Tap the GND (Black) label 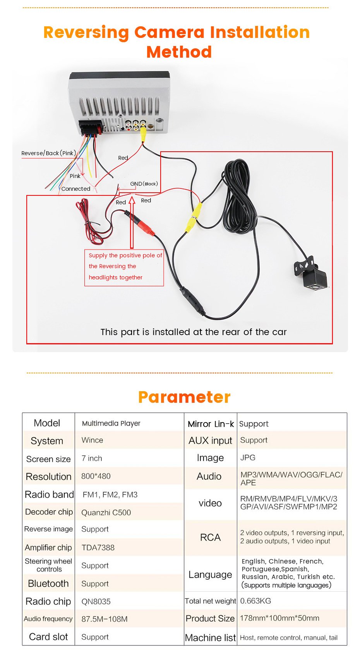click(144, 184)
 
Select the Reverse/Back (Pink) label click(49, 153)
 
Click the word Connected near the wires click(76, 189)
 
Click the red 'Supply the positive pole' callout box click(124, 267)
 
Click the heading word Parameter click(184, 397)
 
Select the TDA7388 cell click(98, 547)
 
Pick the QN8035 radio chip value click(96, 602)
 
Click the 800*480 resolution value click(96, 476)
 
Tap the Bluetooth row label click(48, 583)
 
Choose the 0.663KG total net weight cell click(255, 601)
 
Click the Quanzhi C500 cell click(106, 513)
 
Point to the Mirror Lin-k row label click(211, 424)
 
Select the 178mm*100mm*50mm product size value click(279, 618)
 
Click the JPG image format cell click(248, 458)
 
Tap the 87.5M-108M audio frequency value click(105, 619)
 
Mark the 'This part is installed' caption click(194, 332)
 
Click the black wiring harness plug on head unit click(90, 127)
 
